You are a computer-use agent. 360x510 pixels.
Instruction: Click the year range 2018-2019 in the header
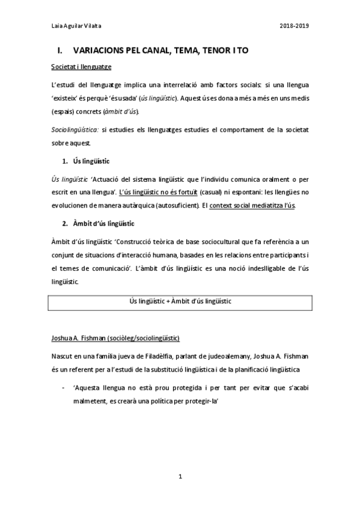tap(294, 26)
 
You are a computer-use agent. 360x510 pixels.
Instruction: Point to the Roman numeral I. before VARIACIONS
tap(59, 52)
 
